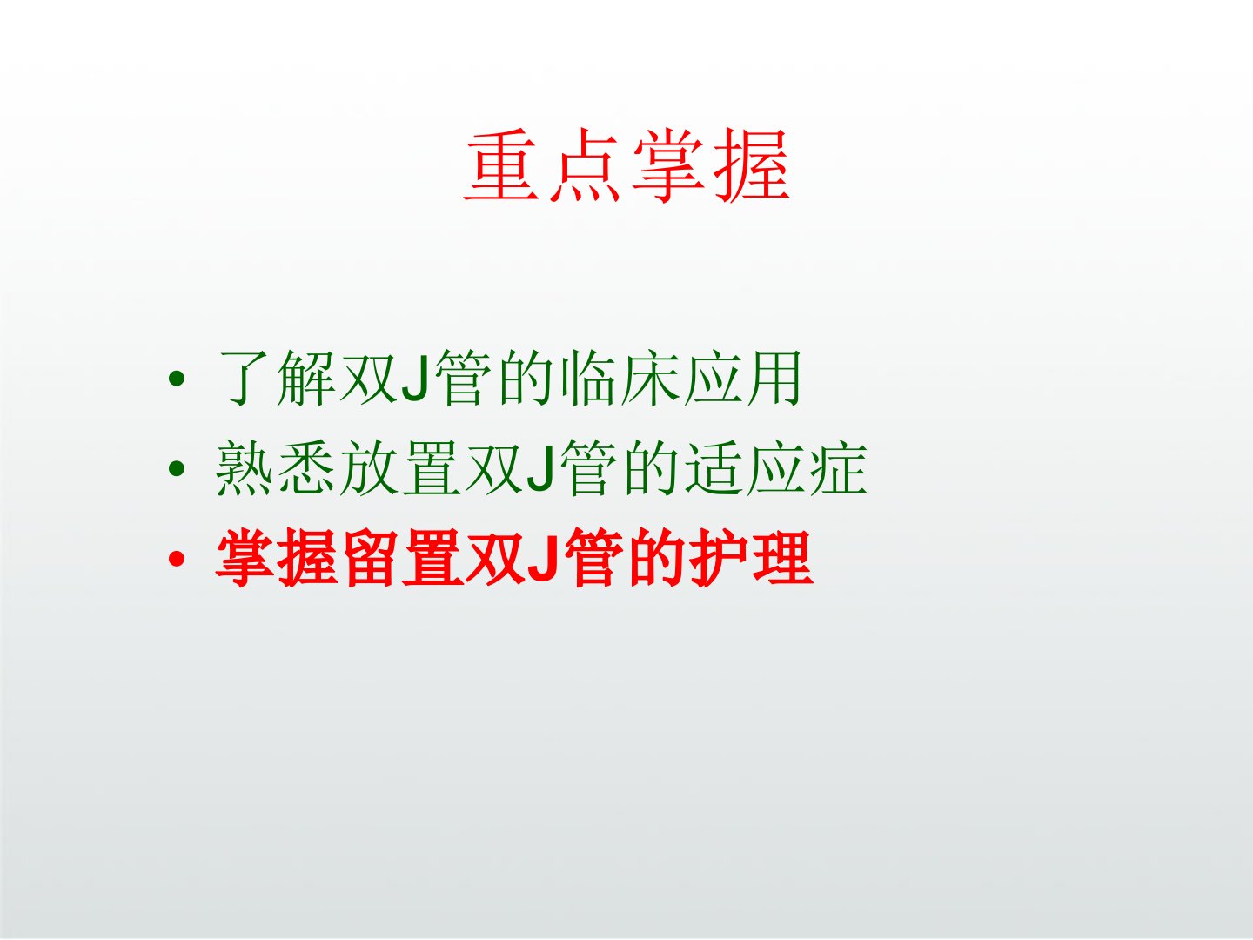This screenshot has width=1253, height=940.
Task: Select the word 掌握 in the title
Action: (711, 165)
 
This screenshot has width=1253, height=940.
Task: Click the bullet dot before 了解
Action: (177, 378)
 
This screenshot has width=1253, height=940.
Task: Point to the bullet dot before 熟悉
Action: (177, 468)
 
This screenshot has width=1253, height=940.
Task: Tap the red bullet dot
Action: (177, 559)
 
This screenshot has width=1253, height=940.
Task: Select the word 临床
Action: (620, 378)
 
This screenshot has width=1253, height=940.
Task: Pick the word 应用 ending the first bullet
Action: (743, 378)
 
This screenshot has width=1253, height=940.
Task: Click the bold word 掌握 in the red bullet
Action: (276, 559)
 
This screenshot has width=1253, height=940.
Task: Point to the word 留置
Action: (403, 559)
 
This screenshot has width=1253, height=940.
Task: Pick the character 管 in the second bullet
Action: (589, 468)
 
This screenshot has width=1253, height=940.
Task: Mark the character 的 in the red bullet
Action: (656, 559)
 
